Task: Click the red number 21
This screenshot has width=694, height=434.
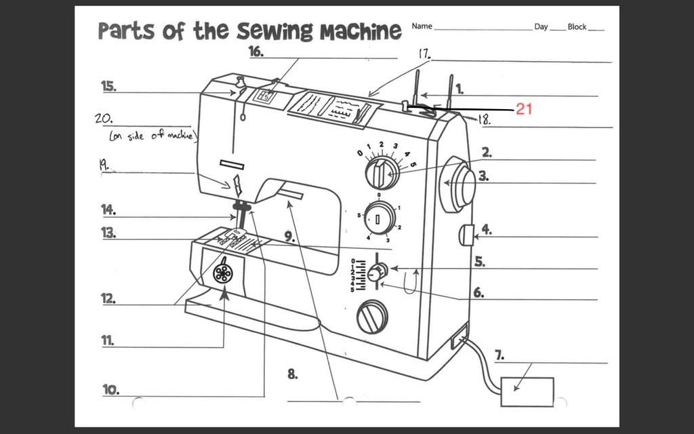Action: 525,109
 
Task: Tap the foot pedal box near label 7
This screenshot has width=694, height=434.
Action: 527,391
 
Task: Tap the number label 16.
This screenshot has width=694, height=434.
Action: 256,52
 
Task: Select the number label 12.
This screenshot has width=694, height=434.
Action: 108,298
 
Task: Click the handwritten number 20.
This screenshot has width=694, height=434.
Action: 104,118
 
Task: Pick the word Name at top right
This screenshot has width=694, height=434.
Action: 422,26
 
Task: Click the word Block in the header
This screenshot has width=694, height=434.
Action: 577,26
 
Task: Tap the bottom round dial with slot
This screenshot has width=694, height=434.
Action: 372,316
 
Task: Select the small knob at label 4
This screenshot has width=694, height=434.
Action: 465,235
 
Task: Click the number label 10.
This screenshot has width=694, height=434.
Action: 111,389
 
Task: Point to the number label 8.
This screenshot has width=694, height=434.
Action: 293,373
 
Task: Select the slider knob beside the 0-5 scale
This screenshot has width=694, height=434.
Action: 375,273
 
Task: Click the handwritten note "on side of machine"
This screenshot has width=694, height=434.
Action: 152,136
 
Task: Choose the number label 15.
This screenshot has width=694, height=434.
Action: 108,85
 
